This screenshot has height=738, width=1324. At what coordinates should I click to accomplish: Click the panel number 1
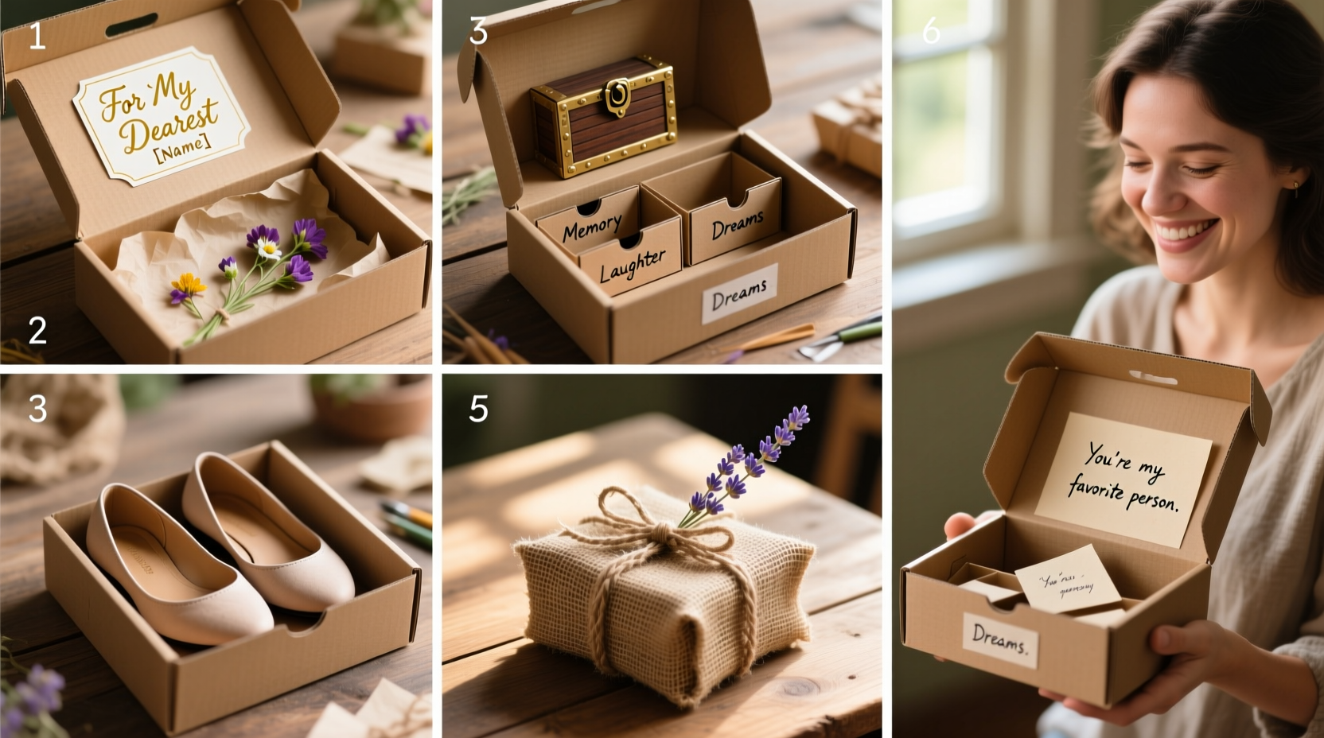(x=37, y=37)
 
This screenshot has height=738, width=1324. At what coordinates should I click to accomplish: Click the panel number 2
(x=37, y=330)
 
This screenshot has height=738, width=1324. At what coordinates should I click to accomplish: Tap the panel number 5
(x=477, y=409)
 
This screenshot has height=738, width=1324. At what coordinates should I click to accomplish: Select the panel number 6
(x=930, y=32)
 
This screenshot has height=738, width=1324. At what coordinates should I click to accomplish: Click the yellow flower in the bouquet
(x=188, y=283)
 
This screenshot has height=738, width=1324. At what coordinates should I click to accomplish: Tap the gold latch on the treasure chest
(x=617, y=95)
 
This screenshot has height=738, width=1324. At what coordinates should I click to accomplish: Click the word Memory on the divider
(x=591, y=228)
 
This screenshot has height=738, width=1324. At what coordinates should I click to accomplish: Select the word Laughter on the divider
(x=632, y=266)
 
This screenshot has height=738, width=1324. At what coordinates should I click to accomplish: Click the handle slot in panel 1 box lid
(x=131, y=25)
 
